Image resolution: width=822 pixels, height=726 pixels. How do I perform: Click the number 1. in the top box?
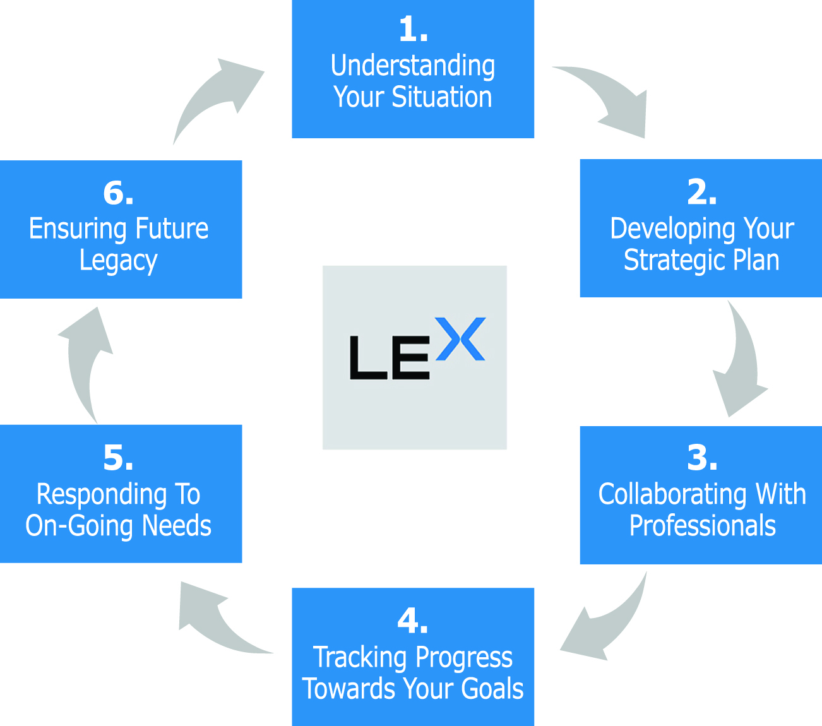413,30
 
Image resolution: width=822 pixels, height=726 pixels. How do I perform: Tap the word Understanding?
413,66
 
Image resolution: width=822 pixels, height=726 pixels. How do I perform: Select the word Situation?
441,97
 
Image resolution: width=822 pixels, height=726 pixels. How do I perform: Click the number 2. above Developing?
701,192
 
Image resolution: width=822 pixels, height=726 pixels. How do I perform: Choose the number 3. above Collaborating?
701,458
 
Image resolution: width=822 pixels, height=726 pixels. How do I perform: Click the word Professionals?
702,526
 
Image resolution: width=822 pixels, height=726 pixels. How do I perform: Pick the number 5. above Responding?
118,458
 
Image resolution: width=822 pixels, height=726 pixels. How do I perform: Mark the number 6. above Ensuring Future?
118,193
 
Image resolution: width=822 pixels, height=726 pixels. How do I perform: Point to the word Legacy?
118,261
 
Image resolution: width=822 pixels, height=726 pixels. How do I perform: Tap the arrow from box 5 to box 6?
85,363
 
